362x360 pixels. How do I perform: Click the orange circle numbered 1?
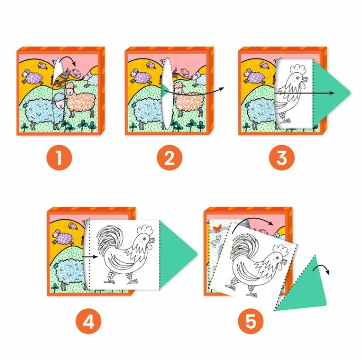pyautogui.click(x=59, y=158)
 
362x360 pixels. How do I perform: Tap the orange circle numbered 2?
pyautogui.click(x=169, y=158)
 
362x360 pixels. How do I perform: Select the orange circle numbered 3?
pyautogui.click(x=282, y=158)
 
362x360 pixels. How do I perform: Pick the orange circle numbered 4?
pyautogui.click(x=89, y=321)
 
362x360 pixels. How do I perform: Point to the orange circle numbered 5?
pyautogui.click(x=251, y=321)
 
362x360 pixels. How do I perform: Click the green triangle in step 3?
pyautogui.click(x=328, y=93)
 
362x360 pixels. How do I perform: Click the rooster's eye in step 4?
pyautogui.click(x=144, y=238)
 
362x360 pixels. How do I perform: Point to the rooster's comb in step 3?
pyautogui.click(x=298, y=68)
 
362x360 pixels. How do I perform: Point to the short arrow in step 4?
pyautogui.click(x=89, y=257)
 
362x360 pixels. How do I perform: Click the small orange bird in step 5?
pyautogui.click(x=217, y=228)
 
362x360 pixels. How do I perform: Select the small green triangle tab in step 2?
pyautogui.click(x=165, y=91)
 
